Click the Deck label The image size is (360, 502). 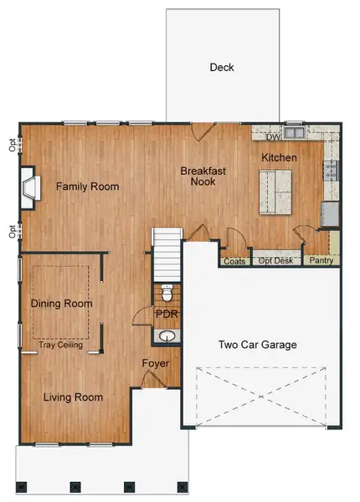[222, 68]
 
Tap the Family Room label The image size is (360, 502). [87, 187]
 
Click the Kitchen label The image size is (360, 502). [279, 157]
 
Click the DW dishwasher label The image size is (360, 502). [273, 138]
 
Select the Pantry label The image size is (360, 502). [321, 261]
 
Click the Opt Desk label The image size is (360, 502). [275, 261]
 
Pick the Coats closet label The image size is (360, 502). [234, 261]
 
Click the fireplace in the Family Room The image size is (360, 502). [30, 186]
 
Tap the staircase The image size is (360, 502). [167, 255]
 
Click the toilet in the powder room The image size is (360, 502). [167, 294]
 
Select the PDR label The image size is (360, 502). [167, 314]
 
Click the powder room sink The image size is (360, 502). [167, 336]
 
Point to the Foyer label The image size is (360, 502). [156, 364]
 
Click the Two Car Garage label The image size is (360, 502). [257, 345]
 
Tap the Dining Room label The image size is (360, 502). [60, 304]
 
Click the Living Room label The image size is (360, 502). [73, 397]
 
